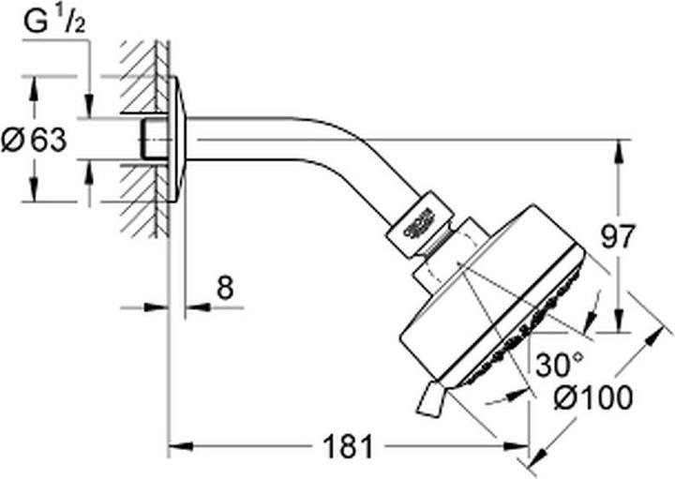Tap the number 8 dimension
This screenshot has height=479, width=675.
[x=223, y=287]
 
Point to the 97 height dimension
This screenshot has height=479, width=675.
[x=640, y=234]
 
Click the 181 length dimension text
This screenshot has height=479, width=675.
[x=347, y=447]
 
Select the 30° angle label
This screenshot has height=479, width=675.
[x=560, y=362]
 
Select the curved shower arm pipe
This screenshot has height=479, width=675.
[x=309, y=141]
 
